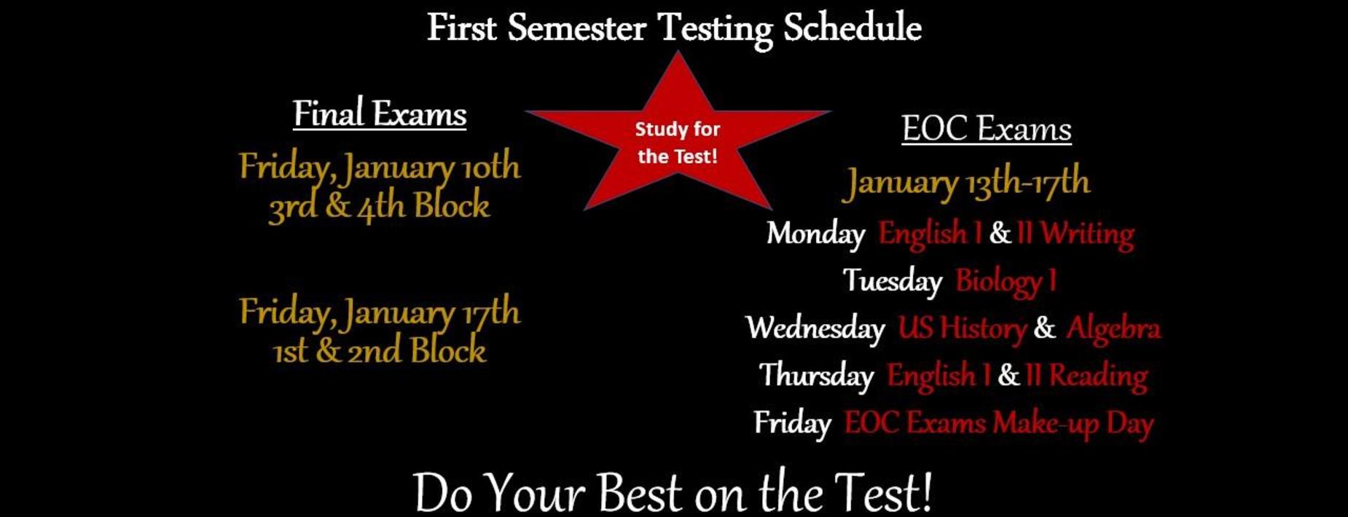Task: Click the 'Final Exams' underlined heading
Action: [380, 114]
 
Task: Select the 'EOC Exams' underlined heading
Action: [987, 129]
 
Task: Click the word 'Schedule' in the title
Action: [853, 28]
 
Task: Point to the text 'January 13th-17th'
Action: [967, 182]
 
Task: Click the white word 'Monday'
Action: [815, 234]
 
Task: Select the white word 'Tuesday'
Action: [893, 281]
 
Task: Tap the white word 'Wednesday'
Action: [815, 328]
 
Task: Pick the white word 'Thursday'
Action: [816, 376]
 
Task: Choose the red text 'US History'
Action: [962, 328]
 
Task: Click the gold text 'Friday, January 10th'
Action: [380, 167]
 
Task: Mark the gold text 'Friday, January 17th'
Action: [380, 313]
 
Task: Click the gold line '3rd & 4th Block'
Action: [379, 206]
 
